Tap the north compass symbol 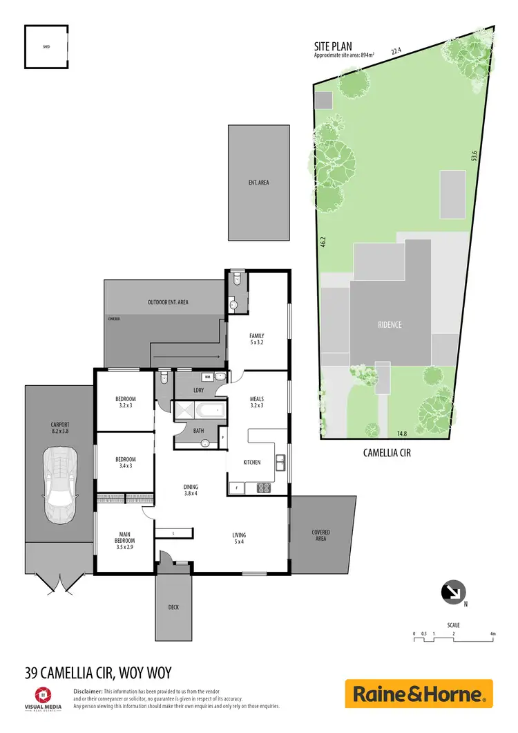tap(454, 593)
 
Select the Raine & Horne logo tap(419, 694)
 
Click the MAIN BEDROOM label tap(125, 537)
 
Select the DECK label tap(173, 608)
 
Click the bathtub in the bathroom tap(207, 411)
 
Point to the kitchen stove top tap(263, 488)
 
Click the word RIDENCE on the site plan tap(390, 324)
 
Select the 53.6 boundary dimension tap(474, 158)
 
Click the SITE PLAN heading tap(334, 47)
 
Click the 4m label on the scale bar tap(492, 633)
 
